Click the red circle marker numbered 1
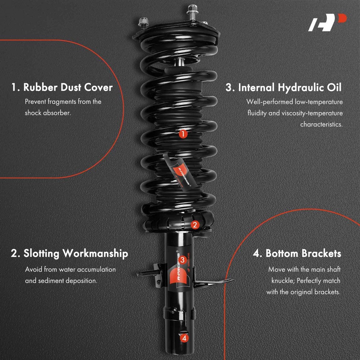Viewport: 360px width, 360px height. pyautogui.click(x=183, y=134)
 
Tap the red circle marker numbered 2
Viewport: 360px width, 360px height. pyautogui.click(x=195, y=225)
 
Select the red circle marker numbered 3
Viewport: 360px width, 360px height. pyautogui.click(x=183, y=260)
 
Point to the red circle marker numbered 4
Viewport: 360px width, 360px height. pyautogui.click(x=184, y=338)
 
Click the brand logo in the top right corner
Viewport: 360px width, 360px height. pyautogui.click(x=327, y=22)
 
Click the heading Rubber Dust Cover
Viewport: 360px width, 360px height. pyautogui.click(x=62, y=87)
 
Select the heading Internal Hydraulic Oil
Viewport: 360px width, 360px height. pyautogui.click(x=283, y=87)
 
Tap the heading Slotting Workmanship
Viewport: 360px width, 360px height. pyautogui.click(x=69, y=253)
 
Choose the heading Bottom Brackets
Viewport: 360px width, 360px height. pyautogui.click(x=297, y=253)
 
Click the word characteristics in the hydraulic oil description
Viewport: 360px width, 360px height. pyautogui.click(x=321, y=125)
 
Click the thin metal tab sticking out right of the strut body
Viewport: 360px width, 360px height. pyautogui.click(x=213, y=282)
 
